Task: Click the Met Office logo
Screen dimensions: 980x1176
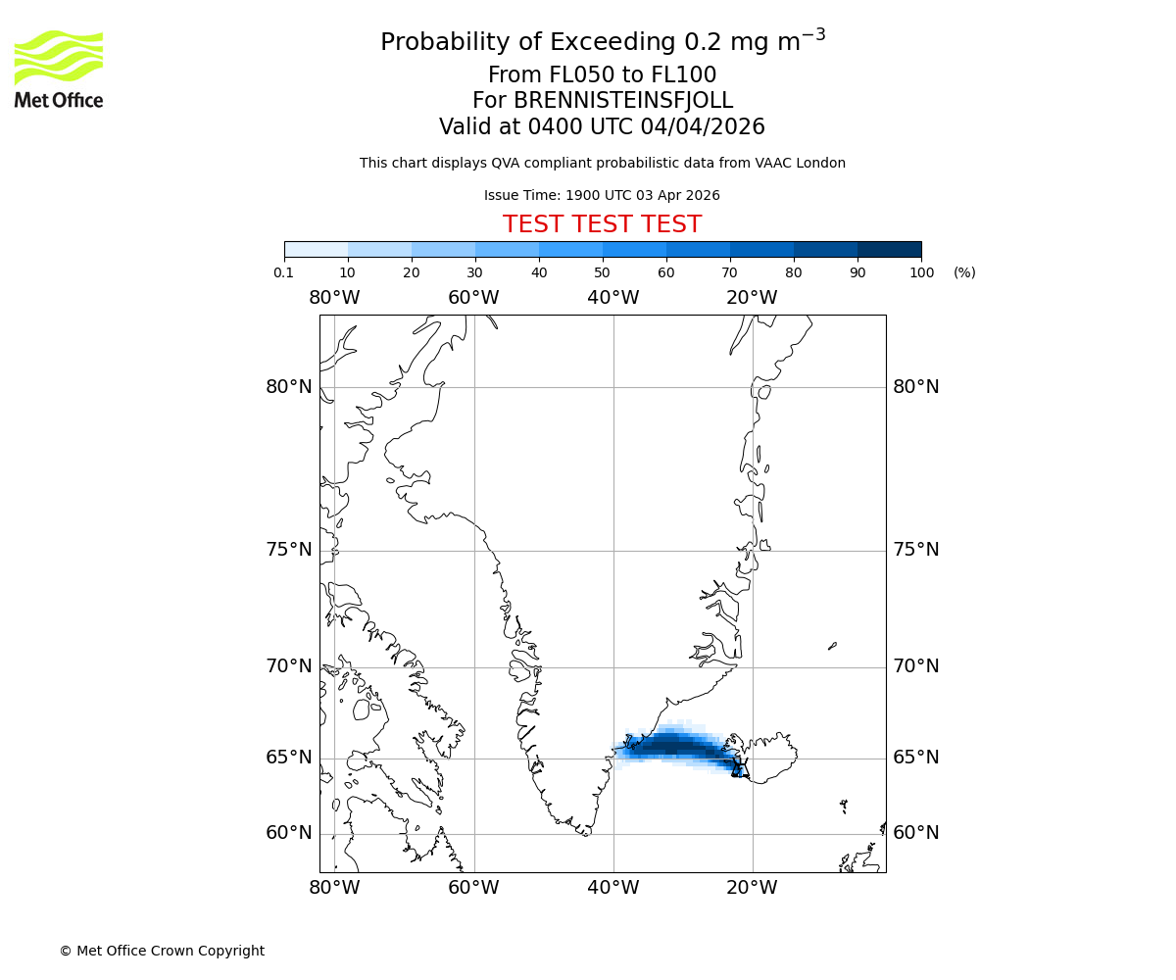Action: [59, 69]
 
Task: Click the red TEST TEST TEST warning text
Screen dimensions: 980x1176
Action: [602, 224]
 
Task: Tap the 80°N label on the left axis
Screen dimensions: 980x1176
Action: [289, 387]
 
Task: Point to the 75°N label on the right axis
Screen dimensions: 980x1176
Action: [915, 550]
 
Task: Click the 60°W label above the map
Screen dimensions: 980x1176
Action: [473, 298]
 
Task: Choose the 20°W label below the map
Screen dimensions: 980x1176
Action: [752, 888]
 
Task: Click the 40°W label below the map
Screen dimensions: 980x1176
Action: [612, 888]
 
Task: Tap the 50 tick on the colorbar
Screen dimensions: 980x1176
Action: [602, 272]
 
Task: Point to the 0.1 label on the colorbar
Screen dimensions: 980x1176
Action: [284, 272]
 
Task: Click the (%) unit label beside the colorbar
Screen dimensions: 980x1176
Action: [964, 272]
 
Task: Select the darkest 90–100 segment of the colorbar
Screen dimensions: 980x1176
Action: [889, 249]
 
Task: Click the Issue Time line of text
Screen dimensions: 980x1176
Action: [602, 195]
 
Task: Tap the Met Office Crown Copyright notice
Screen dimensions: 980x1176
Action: [162, 951]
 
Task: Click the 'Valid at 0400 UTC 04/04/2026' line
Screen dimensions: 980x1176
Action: [602, 127]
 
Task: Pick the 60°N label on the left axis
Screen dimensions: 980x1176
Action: [289, 833]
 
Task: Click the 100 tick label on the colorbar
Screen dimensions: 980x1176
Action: [921, 272]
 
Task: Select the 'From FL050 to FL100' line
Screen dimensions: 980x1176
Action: [602, 75]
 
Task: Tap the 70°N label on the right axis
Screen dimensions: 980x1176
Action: [915, 666]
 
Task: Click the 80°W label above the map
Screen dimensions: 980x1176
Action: [334, 298]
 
